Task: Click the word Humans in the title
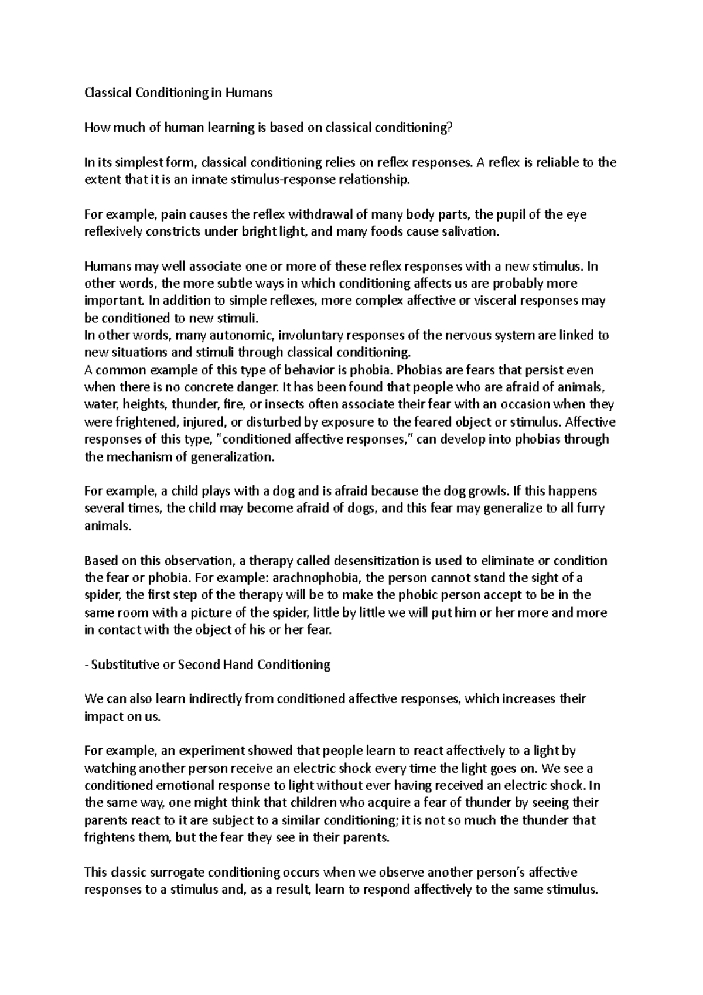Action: [x=251, y=93]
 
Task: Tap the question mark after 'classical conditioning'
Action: [x=451, y=128]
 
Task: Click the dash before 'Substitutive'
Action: [x=87, y=665]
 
